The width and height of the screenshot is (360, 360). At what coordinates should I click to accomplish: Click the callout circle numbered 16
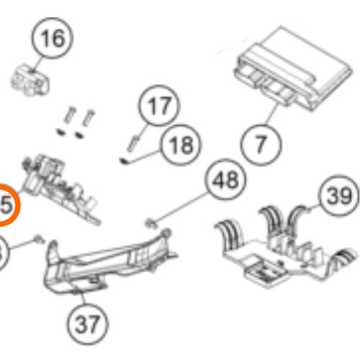(53, 38)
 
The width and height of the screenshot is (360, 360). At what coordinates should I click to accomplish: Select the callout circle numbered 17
(157, 108)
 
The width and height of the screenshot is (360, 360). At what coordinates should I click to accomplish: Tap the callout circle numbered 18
(179, 145)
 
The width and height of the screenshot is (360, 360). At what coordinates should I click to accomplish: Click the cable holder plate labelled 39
(284, 245)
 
